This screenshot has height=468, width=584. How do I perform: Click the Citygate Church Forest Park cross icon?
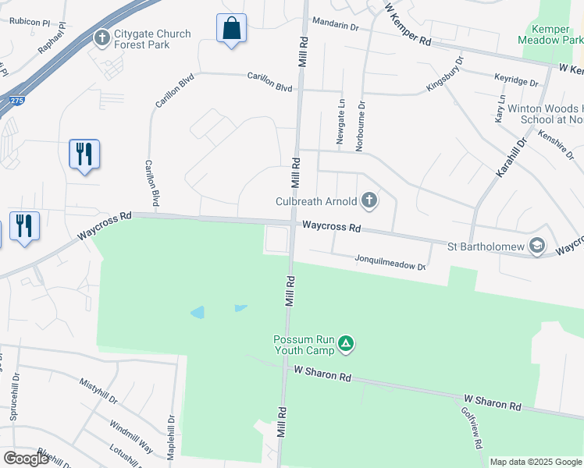101,37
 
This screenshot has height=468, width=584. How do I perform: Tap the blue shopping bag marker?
231,29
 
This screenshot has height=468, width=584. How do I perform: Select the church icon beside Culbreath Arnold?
369,202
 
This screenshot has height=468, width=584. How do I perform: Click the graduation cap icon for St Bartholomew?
536,246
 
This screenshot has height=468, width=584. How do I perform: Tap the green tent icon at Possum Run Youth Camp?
346,343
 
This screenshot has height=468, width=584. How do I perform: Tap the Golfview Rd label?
471,428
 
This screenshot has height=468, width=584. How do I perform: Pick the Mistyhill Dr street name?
98,391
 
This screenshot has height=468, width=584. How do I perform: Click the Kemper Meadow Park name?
551,32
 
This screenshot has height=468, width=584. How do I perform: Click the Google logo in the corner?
27,459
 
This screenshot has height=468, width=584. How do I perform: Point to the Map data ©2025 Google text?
536,462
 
